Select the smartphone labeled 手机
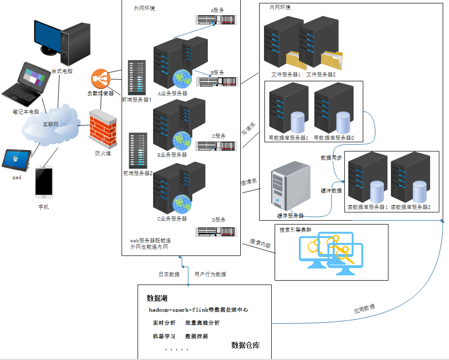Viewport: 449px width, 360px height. [x=44, y=182]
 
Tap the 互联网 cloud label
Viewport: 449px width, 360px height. [x=50, y=124]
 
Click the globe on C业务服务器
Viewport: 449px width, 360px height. [x=182, y=204]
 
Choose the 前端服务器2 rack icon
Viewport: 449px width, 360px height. [x=138, y=150]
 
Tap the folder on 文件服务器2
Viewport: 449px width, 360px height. [x=331, y=61]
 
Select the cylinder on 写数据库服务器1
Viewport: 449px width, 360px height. [x=297, y=122]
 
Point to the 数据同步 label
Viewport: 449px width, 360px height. [x=331, y=158]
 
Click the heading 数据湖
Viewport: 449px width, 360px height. [x=157, y=298]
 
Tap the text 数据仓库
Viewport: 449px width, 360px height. [x=246, y=345]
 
